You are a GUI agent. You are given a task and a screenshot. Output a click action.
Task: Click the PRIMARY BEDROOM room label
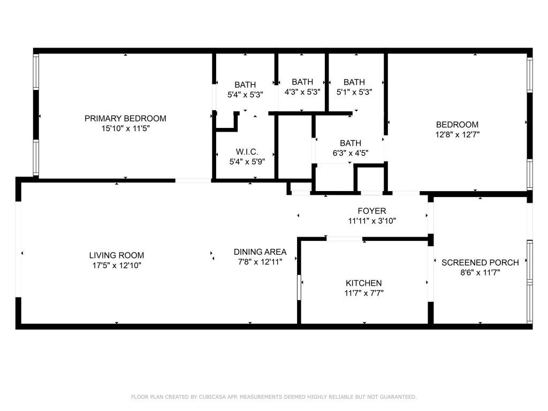tap(125, 118)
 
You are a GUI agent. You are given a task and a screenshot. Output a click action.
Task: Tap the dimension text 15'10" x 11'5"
tap(125, 128)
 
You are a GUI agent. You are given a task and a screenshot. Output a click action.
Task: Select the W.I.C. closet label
tap(247, 151)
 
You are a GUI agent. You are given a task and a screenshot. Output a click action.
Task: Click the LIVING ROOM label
tap(116, 255)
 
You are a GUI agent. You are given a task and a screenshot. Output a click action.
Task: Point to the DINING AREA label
tap(260, 252)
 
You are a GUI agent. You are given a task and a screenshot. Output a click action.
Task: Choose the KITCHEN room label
tap(363, 283)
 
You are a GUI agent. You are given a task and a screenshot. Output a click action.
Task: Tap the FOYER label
tap(371, 211)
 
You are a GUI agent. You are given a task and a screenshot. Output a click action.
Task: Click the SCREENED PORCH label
tap(480, 262)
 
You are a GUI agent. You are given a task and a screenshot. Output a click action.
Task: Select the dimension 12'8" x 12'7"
tap(456, 135)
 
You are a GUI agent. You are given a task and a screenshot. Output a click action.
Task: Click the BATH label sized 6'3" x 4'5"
tap(351, 143)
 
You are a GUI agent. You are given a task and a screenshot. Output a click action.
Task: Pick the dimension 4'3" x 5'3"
tap(302, 92)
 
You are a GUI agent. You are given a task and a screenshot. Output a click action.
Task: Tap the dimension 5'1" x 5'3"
tap(354, 92)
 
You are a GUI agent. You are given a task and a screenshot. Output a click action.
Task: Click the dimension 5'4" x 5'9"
tap(247, 161)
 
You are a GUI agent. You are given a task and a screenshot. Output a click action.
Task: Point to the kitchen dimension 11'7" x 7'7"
tap(364, 293)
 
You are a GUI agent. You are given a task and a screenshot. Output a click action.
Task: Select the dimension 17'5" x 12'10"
tap(116, 265)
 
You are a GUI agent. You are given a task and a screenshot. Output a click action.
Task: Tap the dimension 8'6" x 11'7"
tap(480, 272)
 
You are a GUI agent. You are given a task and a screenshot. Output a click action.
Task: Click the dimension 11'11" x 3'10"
tap(371, 220)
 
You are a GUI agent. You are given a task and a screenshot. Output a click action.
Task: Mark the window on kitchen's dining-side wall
tap(299, 287)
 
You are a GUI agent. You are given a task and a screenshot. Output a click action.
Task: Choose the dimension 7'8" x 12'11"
tap(260, 262)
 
